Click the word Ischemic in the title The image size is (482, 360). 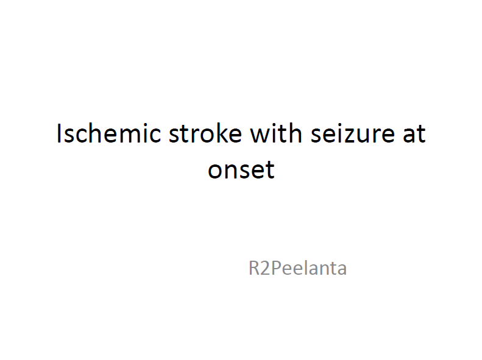tap(109, 133)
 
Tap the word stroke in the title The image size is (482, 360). tap(205, 133)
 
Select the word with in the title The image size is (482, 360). tap(276, 133)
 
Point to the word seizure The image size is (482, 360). tap(353, 133)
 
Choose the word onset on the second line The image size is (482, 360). tap(241, 170)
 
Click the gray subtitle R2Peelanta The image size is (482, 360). tap(297, 268)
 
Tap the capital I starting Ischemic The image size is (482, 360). tap(58, 133)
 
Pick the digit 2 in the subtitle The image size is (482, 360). tap(265, 268)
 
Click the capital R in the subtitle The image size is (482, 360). tap(254, 268)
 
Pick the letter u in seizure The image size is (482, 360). tap(366, 136)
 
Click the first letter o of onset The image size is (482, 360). tap(215, 171)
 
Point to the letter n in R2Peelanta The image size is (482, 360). tap(324, 269)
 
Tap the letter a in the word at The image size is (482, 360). tap(409, 136)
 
